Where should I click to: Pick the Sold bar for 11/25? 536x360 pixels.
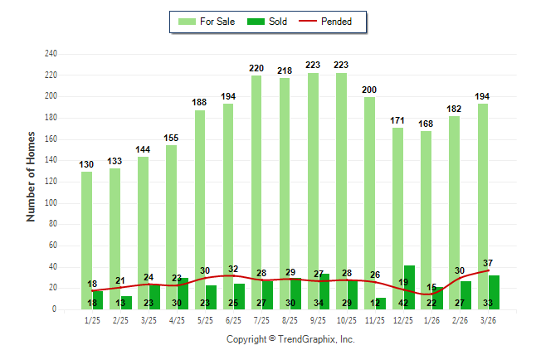point(381,304)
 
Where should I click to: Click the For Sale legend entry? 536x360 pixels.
point(207,22)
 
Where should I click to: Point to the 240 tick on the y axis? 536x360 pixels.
point(51,54)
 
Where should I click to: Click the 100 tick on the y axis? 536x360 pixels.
point(51,203)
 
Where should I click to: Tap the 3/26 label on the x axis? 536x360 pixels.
point(489,319)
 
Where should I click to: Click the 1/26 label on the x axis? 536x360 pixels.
point(431,319)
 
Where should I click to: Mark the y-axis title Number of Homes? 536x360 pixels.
point(32,177)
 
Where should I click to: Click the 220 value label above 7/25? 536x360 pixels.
point(256,68)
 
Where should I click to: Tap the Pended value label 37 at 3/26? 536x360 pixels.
point(488,263)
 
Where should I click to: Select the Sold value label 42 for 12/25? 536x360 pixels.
point(404,303)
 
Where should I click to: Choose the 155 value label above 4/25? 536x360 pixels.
point(171,138)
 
